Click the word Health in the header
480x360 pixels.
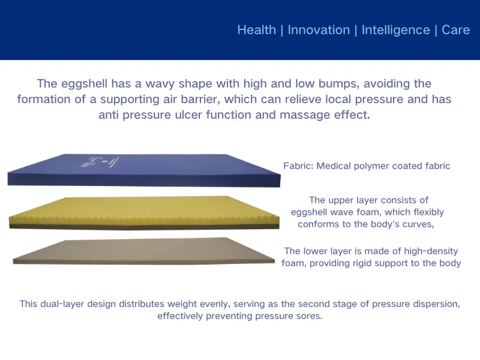257,30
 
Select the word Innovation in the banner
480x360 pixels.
319,30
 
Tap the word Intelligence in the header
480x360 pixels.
395,30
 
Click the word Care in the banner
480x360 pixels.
455,30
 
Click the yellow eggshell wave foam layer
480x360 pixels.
144,209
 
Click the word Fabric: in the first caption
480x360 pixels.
298,166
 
